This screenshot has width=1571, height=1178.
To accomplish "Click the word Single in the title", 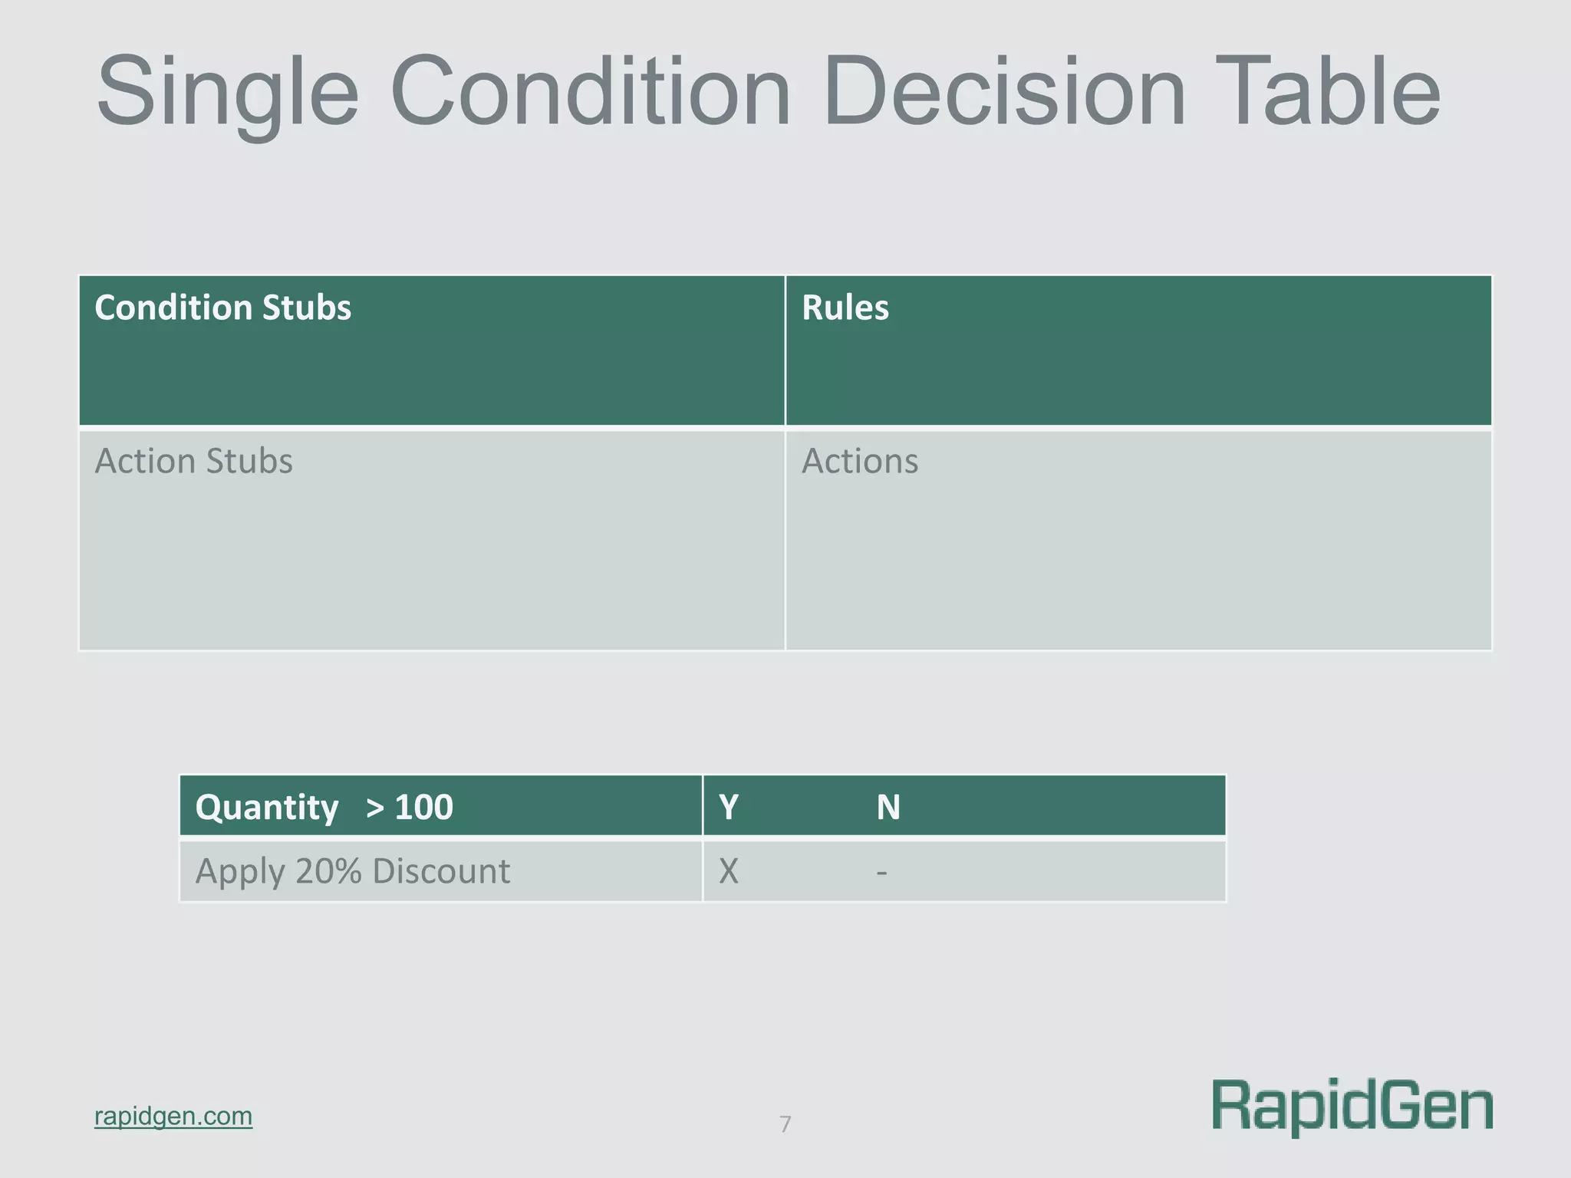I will coord(228,92).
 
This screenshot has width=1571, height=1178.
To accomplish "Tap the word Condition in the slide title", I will coord(591,92).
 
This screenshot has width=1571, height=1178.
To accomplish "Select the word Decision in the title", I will coord(1005,92).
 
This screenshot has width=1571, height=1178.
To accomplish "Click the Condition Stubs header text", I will coord(222,308).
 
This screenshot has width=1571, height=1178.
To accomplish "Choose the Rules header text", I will coord(845,308).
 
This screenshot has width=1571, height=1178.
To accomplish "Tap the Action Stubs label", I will coord(193,461).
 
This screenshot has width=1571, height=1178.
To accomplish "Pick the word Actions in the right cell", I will coord(859,461).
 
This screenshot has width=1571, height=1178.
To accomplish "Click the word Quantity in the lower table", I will coord(266,807).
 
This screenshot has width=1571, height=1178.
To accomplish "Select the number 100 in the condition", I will coord(423,807).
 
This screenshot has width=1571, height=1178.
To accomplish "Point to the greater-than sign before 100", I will coord(375,808).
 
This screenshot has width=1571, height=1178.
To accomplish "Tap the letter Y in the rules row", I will coord(729,807).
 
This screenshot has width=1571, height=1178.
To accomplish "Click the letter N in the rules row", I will coord(888,807).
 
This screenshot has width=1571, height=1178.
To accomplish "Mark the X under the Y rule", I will coord(729,871).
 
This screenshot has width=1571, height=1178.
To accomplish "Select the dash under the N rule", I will coord(882,872).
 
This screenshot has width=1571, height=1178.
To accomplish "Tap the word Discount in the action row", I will coord(441,871).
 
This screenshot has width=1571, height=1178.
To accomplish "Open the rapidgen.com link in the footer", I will coord(173,1116).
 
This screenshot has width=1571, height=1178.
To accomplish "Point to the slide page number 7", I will coord(785,1124).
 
